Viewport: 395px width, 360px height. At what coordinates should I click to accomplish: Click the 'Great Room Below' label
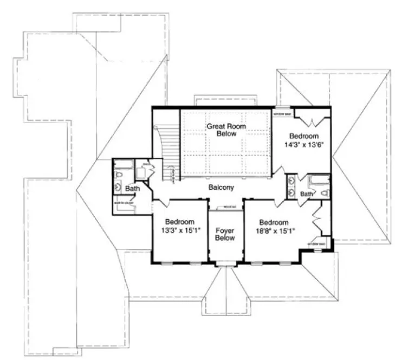pos(225,130)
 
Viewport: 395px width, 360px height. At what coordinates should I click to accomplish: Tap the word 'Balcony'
pos(221,188)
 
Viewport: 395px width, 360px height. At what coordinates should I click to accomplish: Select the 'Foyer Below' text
pos(225,234)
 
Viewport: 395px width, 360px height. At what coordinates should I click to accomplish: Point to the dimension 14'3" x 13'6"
pos(303,145)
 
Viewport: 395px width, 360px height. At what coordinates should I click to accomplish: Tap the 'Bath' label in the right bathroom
pos(307,194)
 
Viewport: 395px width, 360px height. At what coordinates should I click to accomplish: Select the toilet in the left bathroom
pos(119,174)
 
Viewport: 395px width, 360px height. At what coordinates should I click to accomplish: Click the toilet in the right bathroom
pos(325,194)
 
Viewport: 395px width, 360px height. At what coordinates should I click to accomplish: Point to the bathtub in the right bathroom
pos(315,181)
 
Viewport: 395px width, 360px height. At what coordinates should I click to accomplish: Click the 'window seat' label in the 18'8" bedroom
pos(316,244)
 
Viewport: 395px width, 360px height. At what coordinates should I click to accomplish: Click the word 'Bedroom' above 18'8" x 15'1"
pos(274,222)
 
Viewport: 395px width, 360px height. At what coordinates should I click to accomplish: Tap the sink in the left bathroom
pos(118,187)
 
